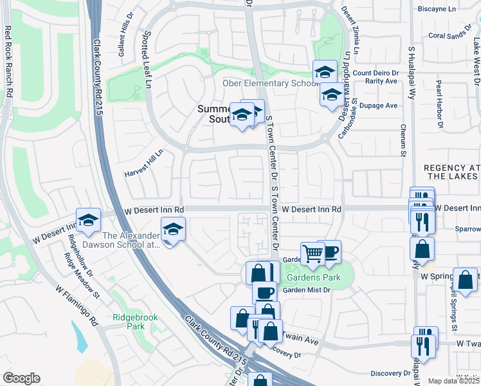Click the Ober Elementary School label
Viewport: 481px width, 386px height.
click(x=270, y=84)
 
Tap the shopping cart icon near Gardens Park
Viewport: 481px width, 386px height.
click(x=313, y=253)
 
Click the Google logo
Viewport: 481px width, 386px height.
click(x=21, y=378)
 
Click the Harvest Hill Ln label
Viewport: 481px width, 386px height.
click(x=143, y=165)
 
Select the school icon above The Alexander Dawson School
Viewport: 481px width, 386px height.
click(x=172, y=229)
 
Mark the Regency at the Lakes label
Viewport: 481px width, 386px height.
click(x=452, y=172)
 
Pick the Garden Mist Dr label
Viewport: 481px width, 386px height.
click(x=306, y=290)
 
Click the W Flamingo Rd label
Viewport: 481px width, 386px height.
click(x=75, y=306)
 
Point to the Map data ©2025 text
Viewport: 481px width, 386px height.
click(x=453, y=381)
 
